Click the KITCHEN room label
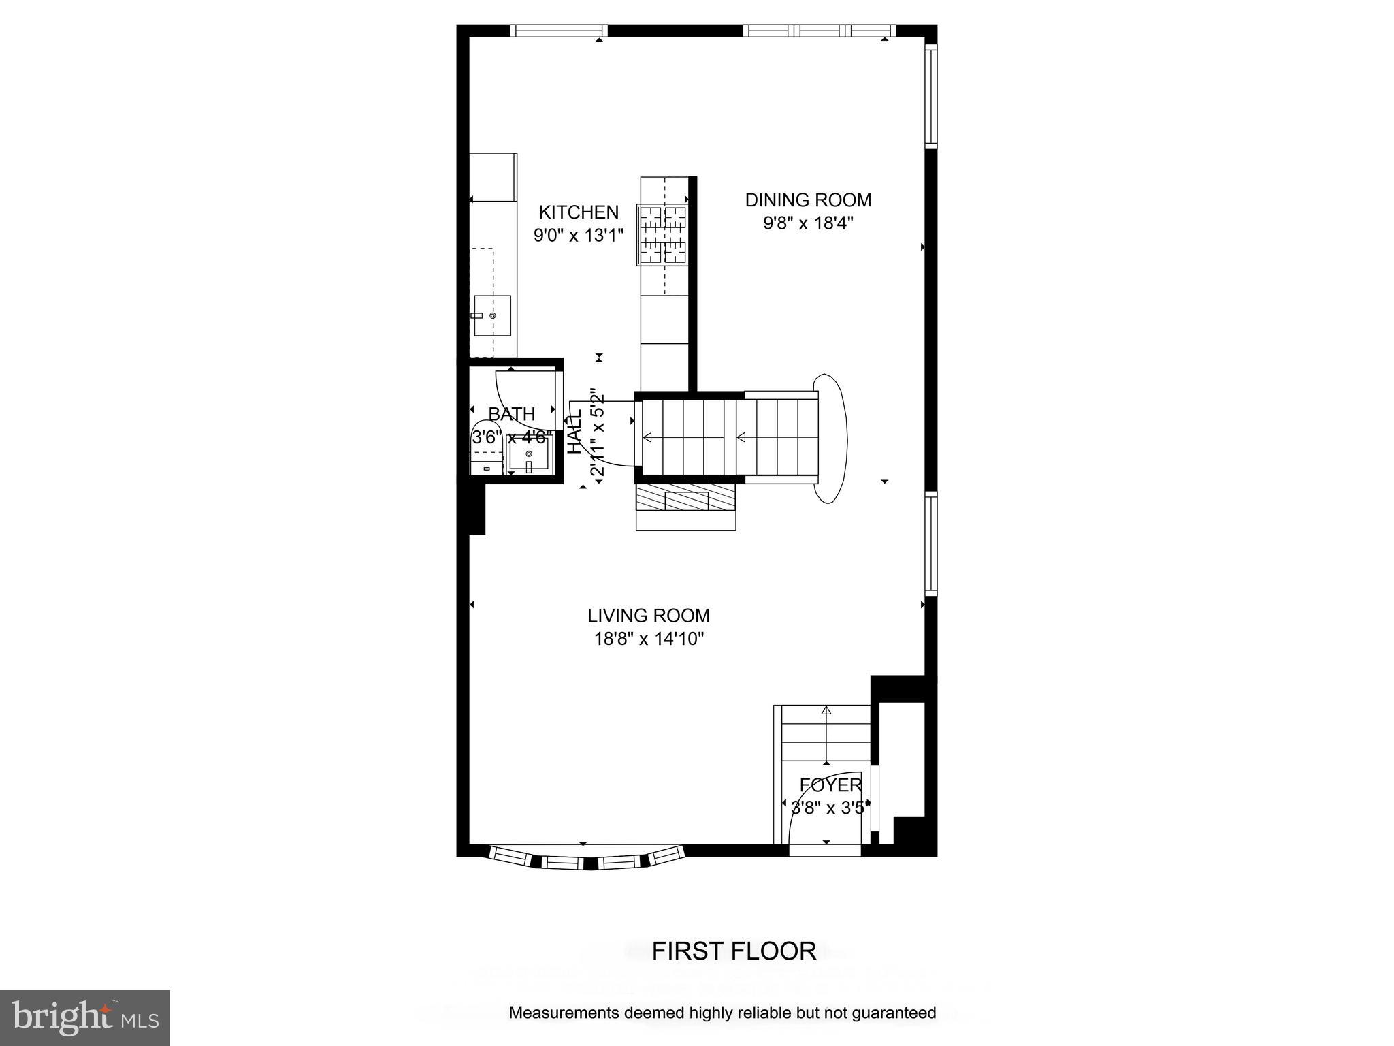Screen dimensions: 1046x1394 579,212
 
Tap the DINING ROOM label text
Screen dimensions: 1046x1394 808,200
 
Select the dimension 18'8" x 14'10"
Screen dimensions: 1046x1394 648,639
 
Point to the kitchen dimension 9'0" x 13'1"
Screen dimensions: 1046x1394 579,236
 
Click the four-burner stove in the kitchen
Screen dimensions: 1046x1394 662,235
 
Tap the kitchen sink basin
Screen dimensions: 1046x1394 493,315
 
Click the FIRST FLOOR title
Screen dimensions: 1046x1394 734,951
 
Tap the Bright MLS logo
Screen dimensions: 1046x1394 85,1017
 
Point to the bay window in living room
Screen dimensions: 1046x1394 586,859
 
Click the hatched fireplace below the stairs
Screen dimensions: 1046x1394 686,499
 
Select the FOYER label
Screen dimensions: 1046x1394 830,785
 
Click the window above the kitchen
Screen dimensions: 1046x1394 559,31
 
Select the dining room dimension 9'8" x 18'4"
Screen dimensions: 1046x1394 808,223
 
